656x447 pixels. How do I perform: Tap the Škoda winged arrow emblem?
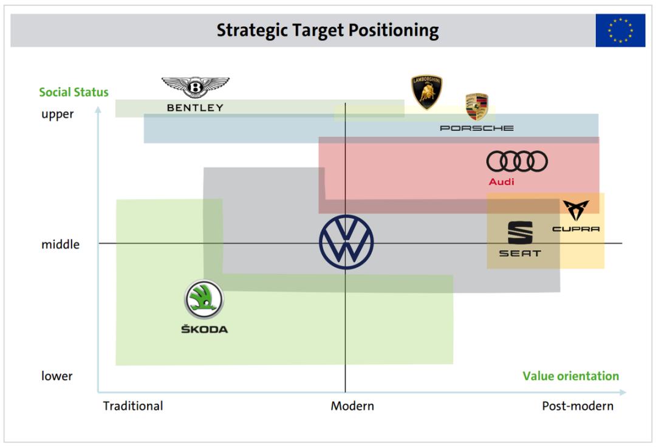tap(204, 300)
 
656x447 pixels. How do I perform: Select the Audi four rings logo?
tap(517, 161)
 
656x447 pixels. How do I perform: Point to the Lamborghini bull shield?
tap(427, 92)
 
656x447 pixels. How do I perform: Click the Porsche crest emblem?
tap(477, 106)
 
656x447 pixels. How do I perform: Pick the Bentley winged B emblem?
tap(196, 87)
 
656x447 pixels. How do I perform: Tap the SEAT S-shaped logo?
tap(520, 232)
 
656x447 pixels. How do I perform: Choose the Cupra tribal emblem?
tap(576, 209)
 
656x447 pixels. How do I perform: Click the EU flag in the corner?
tap(620, 30)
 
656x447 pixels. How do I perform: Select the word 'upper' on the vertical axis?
tap(57, 114)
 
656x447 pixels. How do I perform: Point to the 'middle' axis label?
tap(60, 244)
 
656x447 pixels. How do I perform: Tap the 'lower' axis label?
tap(56, 376)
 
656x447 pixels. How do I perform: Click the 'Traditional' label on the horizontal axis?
tap(133, 406)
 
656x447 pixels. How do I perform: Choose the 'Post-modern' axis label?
tap(578, 406)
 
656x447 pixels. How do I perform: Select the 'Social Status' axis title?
tap(73, 92)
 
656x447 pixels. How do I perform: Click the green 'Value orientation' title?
tap(570, 376)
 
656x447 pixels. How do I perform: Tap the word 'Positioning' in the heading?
tap(394, 30)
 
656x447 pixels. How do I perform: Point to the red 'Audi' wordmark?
tap(502, 182)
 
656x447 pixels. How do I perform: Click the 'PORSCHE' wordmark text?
tap(477, 128)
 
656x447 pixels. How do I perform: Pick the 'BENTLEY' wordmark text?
tap(196, 108)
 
